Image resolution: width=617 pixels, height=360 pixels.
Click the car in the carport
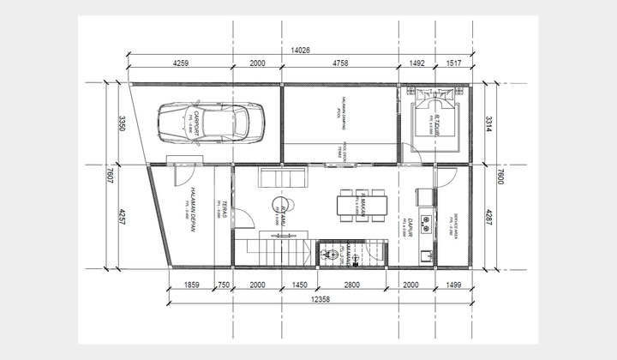(x=210, y=123)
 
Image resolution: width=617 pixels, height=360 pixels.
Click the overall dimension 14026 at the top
(x=301, y=49)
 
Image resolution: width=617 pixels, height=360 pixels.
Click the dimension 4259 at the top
(x=181, y=63)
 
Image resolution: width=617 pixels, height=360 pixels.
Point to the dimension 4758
(x=340, y=63)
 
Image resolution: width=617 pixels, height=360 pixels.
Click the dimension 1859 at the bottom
(x=192, y=285)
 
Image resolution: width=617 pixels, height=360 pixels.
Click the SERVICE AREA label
(x=452, y=221)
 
